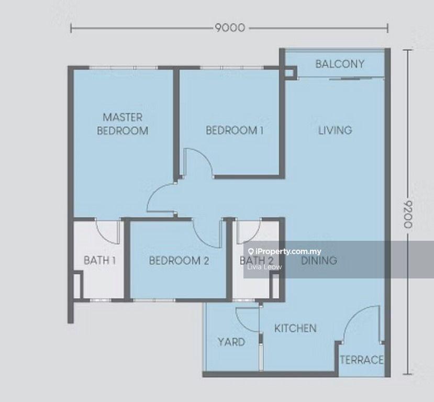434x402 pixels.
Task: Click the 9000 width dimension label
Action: [229, 28]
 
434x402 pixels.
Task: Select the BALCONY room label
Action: [340, 64]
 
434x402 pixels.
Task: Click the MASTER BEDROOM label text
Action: [123, 124]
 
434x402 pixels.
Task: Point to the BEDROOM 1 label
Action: [234, 130]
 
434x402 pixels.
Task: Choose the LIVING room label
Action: [335, 130]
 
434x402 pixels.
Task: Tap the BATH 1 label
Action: [99, 260]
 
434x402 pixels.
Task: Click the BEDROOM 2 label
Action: [179, 260]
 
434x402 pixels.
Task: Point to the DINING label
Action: [319, 260]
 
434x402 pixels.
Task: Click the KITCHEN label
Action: [295, 328]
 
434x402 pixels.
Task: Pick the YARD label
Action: [231, 342]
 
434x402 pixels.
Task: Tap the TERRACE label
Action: [361, 360]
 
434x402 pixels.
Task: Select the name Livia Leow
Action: [264, 267]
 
